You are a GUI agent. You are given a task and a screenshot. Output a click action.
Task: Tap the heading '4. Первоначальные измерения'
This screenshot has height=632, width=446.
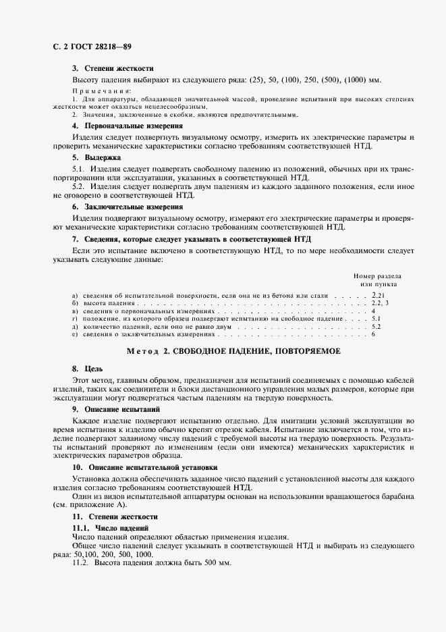tap(128, 126)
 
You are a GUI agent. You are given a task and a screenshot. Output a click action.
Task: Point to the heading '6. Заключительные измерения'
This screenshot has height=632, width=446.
tap(128, 207)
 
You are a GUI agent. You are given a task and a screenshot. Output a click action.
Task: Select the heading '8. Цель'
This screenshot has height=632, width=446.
tap(86, 369)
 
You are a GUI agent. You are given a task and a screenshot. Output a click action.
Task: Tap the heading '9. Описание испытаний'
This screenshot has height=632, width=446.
tap(116, 409)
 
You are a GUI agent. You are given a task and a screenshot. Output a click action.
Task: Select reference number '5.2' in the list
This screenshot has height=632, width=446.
tap(377, 326)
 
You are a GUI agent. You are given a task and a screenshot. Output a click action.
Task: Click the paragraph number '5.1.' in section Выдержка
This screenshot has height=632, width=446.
tap(80, 169)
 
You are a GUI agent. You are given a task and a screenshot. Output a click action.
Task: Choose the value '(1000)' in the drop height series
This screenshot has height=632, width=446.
tap(359, 80)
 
